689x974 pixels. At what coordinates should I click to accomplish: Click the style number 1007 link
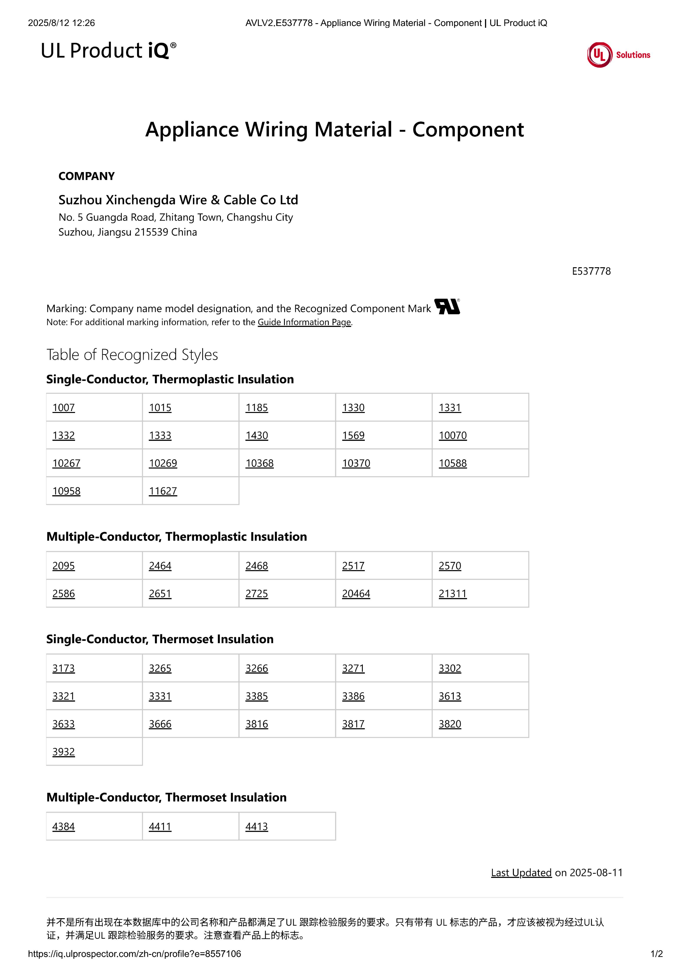63,408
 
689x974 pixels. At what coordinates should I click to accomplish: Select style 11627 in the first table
163,491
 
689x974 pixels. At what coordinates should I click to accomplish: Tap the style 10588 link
453,463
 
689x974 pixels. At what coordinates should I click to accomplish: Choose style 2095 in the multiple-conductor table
63,566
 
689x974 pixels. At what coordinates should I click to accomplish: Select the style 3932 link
63,752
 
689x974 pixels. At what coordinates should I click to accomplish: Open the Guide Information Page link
304,322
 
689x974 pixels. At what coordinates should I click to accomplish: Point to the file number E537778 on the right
591,271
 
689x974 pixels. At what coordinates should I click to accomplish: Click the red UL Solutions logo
618,55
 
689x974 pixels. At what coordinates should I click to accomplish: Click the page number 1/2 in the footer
656,954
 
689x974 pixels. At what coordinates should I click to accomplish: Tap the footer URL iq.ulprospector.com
134,954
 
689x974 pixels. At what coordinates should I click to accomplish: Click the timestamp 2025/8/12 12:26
61,23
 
